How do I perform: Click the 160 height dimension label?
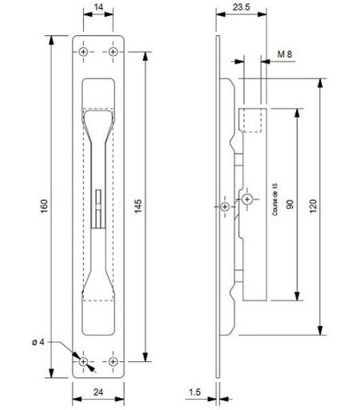pos(44,206)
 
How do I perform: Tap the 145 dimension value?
pos(138,206)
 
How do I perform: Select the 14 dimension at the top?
pos(98,7)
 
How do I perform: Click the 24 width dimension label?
pos(98,392)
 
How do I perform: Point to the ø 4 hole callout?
pos(38,342)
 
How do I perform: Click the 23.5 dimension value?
pos(241,7)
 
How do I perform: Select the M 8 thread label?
pos(285,54)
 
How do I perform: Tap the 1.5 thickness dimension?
pos(194,392)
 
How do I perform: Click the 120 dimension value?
pos(314,206)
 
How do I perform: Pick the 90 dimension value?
pos(290,204)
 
